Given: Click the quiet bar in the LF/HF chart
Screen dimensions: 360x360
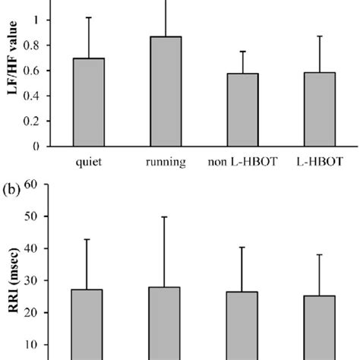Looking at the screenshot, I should tap(88, 103).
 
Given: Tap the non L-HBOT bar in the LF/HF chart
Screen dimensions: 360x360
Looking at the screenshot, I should tap(242, 110).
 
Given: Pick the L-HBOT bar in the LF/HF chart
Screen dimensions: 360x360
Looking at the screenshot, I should tap(319, 109).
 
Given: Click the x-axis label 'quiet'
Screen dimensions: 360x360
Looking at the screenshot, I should tap(89, 162).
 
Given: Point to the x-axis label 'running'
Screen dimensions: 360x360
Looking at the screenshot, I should tap(165, 162).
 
